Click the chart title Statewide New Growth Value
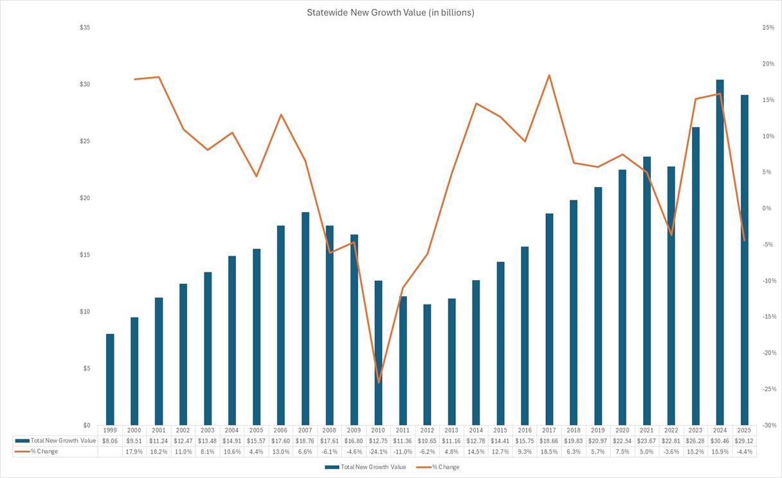[x=390, y=12]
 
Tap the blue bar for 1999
[x=110, y=380]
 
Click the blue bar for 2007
[x=305, y=319]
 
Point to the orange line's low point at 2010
[x=379, y=383]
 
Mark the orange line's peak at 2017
[x=549, y=75]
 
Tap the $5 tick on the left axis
[x=85, y=369]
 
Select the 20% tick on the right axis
[x=768, y=64]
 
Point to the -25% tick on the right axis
[x=768, y=389]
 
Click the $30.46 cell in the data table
[x=720, y=441]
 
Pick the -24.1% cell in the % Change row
[x=378, y=452]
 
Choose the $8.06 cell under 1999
[x=109, y=441]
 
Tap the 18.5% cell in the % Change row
[x=549, y=452]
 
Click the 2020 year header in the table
[x=622, y=430]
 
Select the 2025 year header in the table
[x=744, y=430]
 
